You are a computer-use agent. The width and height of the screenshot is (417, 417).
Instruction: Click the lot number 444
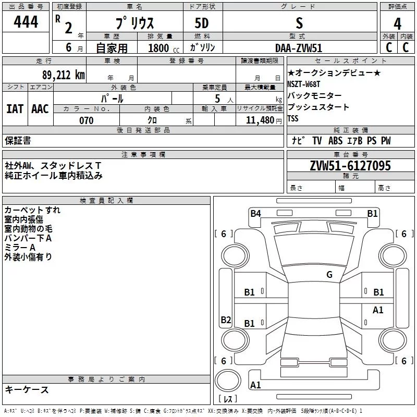[x=26, y=21]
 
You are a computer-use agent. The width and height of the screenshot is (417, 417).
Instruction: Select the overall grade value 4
[x=397, y=23]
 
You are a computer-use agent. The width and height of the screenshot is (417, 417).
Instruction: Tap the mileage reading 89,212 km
[x=64, y=75]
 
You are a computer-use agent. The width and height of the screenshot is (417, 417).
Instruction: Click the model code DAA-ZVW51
[x=299, y=48]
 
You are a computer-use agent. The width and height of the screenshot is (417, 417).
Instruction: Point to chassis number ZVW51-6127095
[x=350, y=166]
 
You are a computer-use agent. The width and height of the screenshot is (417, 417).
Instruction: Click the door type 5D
[x=202, y=23]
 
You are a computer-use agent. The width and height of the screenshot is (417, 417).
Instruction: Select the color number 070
[x=87, y=120]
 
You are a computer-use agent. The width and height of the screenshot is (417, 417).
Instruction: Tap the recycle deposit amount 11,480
[x=260, y=120]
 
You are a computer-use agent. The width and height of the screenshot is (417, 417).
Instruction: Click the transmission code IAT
[x=15, y=109]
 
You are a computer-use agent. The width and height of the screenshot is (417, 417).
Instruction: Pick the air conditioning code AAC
[x=40, y=109]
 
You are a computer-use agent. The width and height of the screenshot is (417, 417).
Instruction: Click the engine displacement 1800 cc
[x=164, y=48]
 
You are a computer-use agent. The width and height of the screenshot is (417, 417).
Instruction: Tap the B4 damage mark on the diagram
[x=255, y=214]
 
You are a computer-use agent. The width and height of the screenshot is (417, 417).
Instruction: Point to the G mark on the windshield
[x=329, y=275]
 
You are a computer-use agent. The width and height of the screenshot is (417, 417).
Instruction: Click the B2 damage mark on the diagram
[x=226, y=320]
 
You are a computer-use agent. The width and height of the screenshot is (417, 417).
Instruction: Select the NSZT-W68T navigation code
[x=303, y=84]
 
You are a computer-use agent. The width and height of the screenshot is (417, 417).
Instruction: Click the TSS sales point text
[x=293, y=118]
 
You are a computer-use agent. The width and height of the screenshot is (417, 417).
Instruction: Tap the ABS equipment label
[x=335, y=141]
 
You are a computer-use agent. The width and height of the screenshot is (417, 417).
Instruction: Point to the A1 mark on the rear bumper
[x=255, y=385]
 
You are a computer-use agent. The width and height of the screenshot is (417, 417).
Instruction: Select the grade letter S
[x=299, y=23]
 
